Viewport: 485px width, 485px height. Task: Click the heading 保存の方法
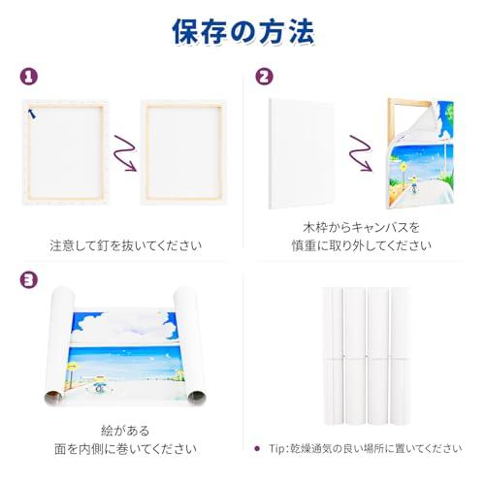point(242,33)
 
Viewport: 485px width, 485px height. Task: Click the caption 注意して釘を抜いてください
point(126,245)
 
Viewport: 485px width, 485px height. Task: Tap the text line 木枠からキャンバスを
point(361,227)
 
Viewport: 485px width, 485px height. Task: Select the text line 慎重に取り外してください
point(361,245)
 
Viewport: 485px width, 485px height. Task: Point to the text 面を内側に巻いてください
point(126,449)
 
